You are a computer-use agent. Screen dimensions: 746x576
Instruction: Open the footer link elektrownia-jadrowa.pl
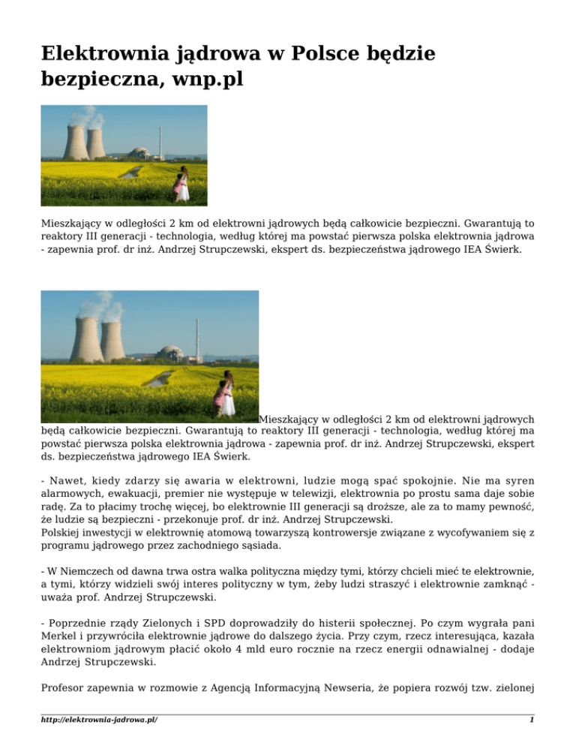click(104, 720)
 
